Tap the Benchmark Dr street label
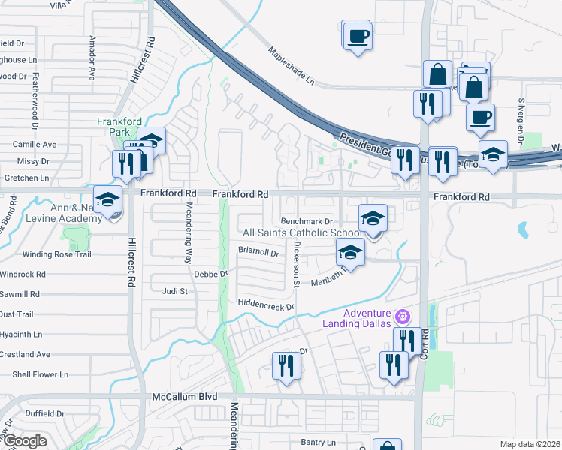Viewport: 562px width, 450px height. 306,221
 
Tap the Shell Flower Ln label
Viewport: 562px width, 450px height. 40,374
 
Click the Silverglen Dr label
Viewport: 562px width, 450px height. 520,119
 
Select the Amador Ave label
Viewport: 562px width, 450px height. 92,57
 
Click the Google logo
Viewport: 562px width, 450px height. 25,441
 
